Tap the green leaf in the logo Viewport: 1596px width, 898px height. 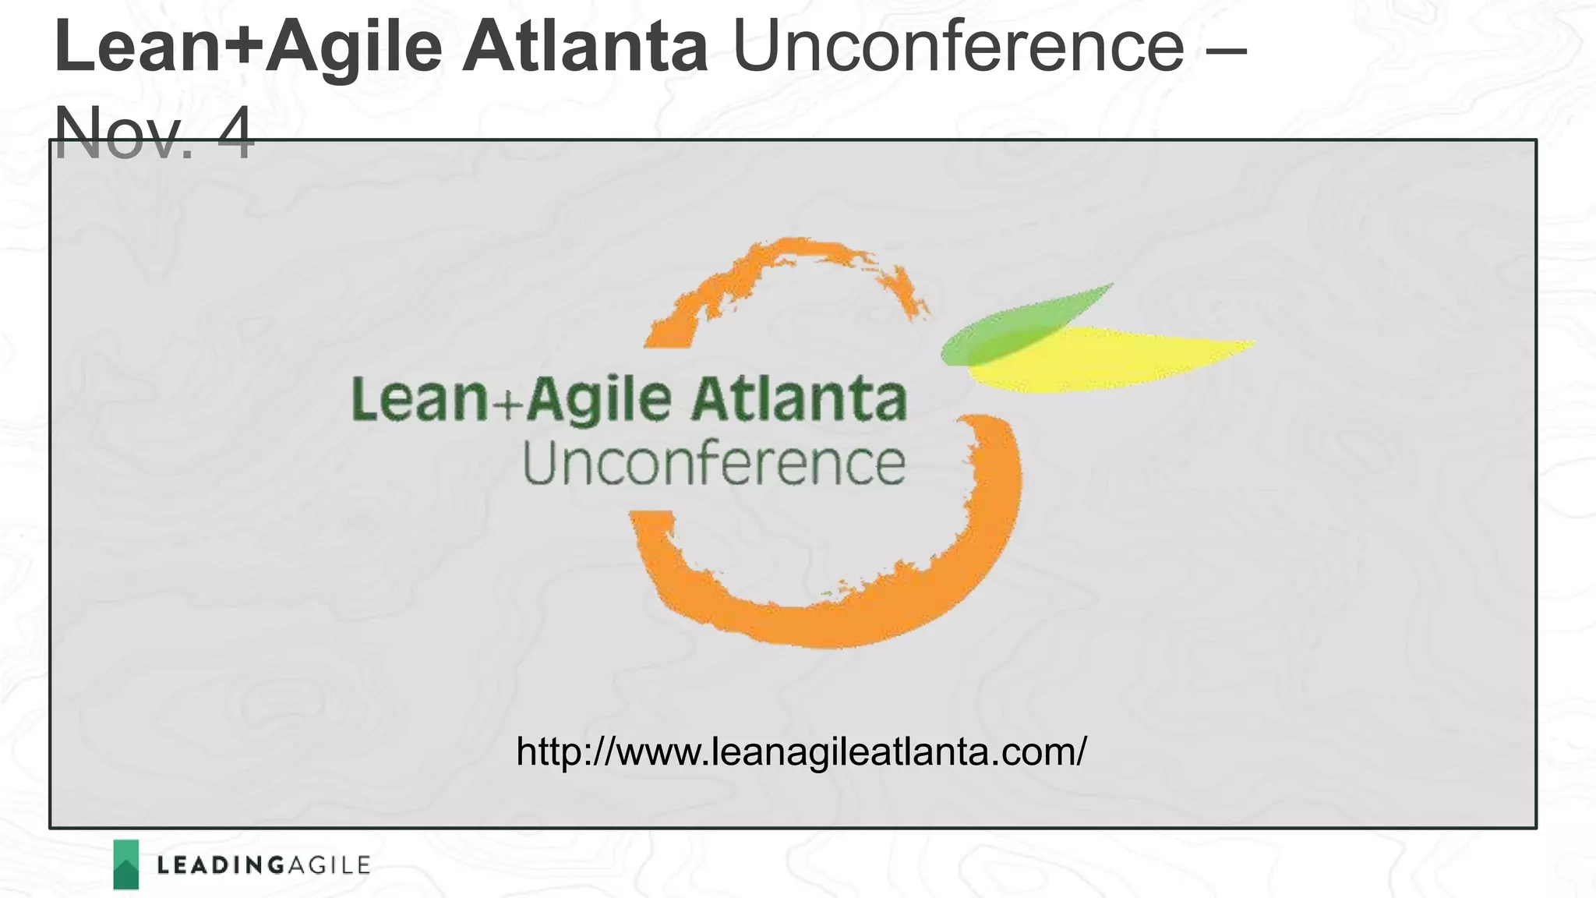(x=1013, y=327)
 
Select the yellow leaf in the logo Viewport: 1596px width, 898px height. (x=1130, y=359)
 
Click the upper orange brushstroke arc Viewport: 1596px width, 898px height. (x=779, y=273)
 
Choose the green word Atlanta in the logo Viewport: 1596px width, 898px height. (x=800, y=399)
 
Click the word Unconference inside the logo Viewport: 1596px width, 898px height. (x=714, y=465)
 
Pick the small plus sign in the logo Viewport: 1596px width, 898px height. (x=507, y=404)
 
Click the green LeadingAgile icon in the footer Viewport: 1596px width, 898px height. (x=125, y=864)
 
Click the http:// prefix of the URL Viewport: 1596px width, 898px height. (x=564, y=753)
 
